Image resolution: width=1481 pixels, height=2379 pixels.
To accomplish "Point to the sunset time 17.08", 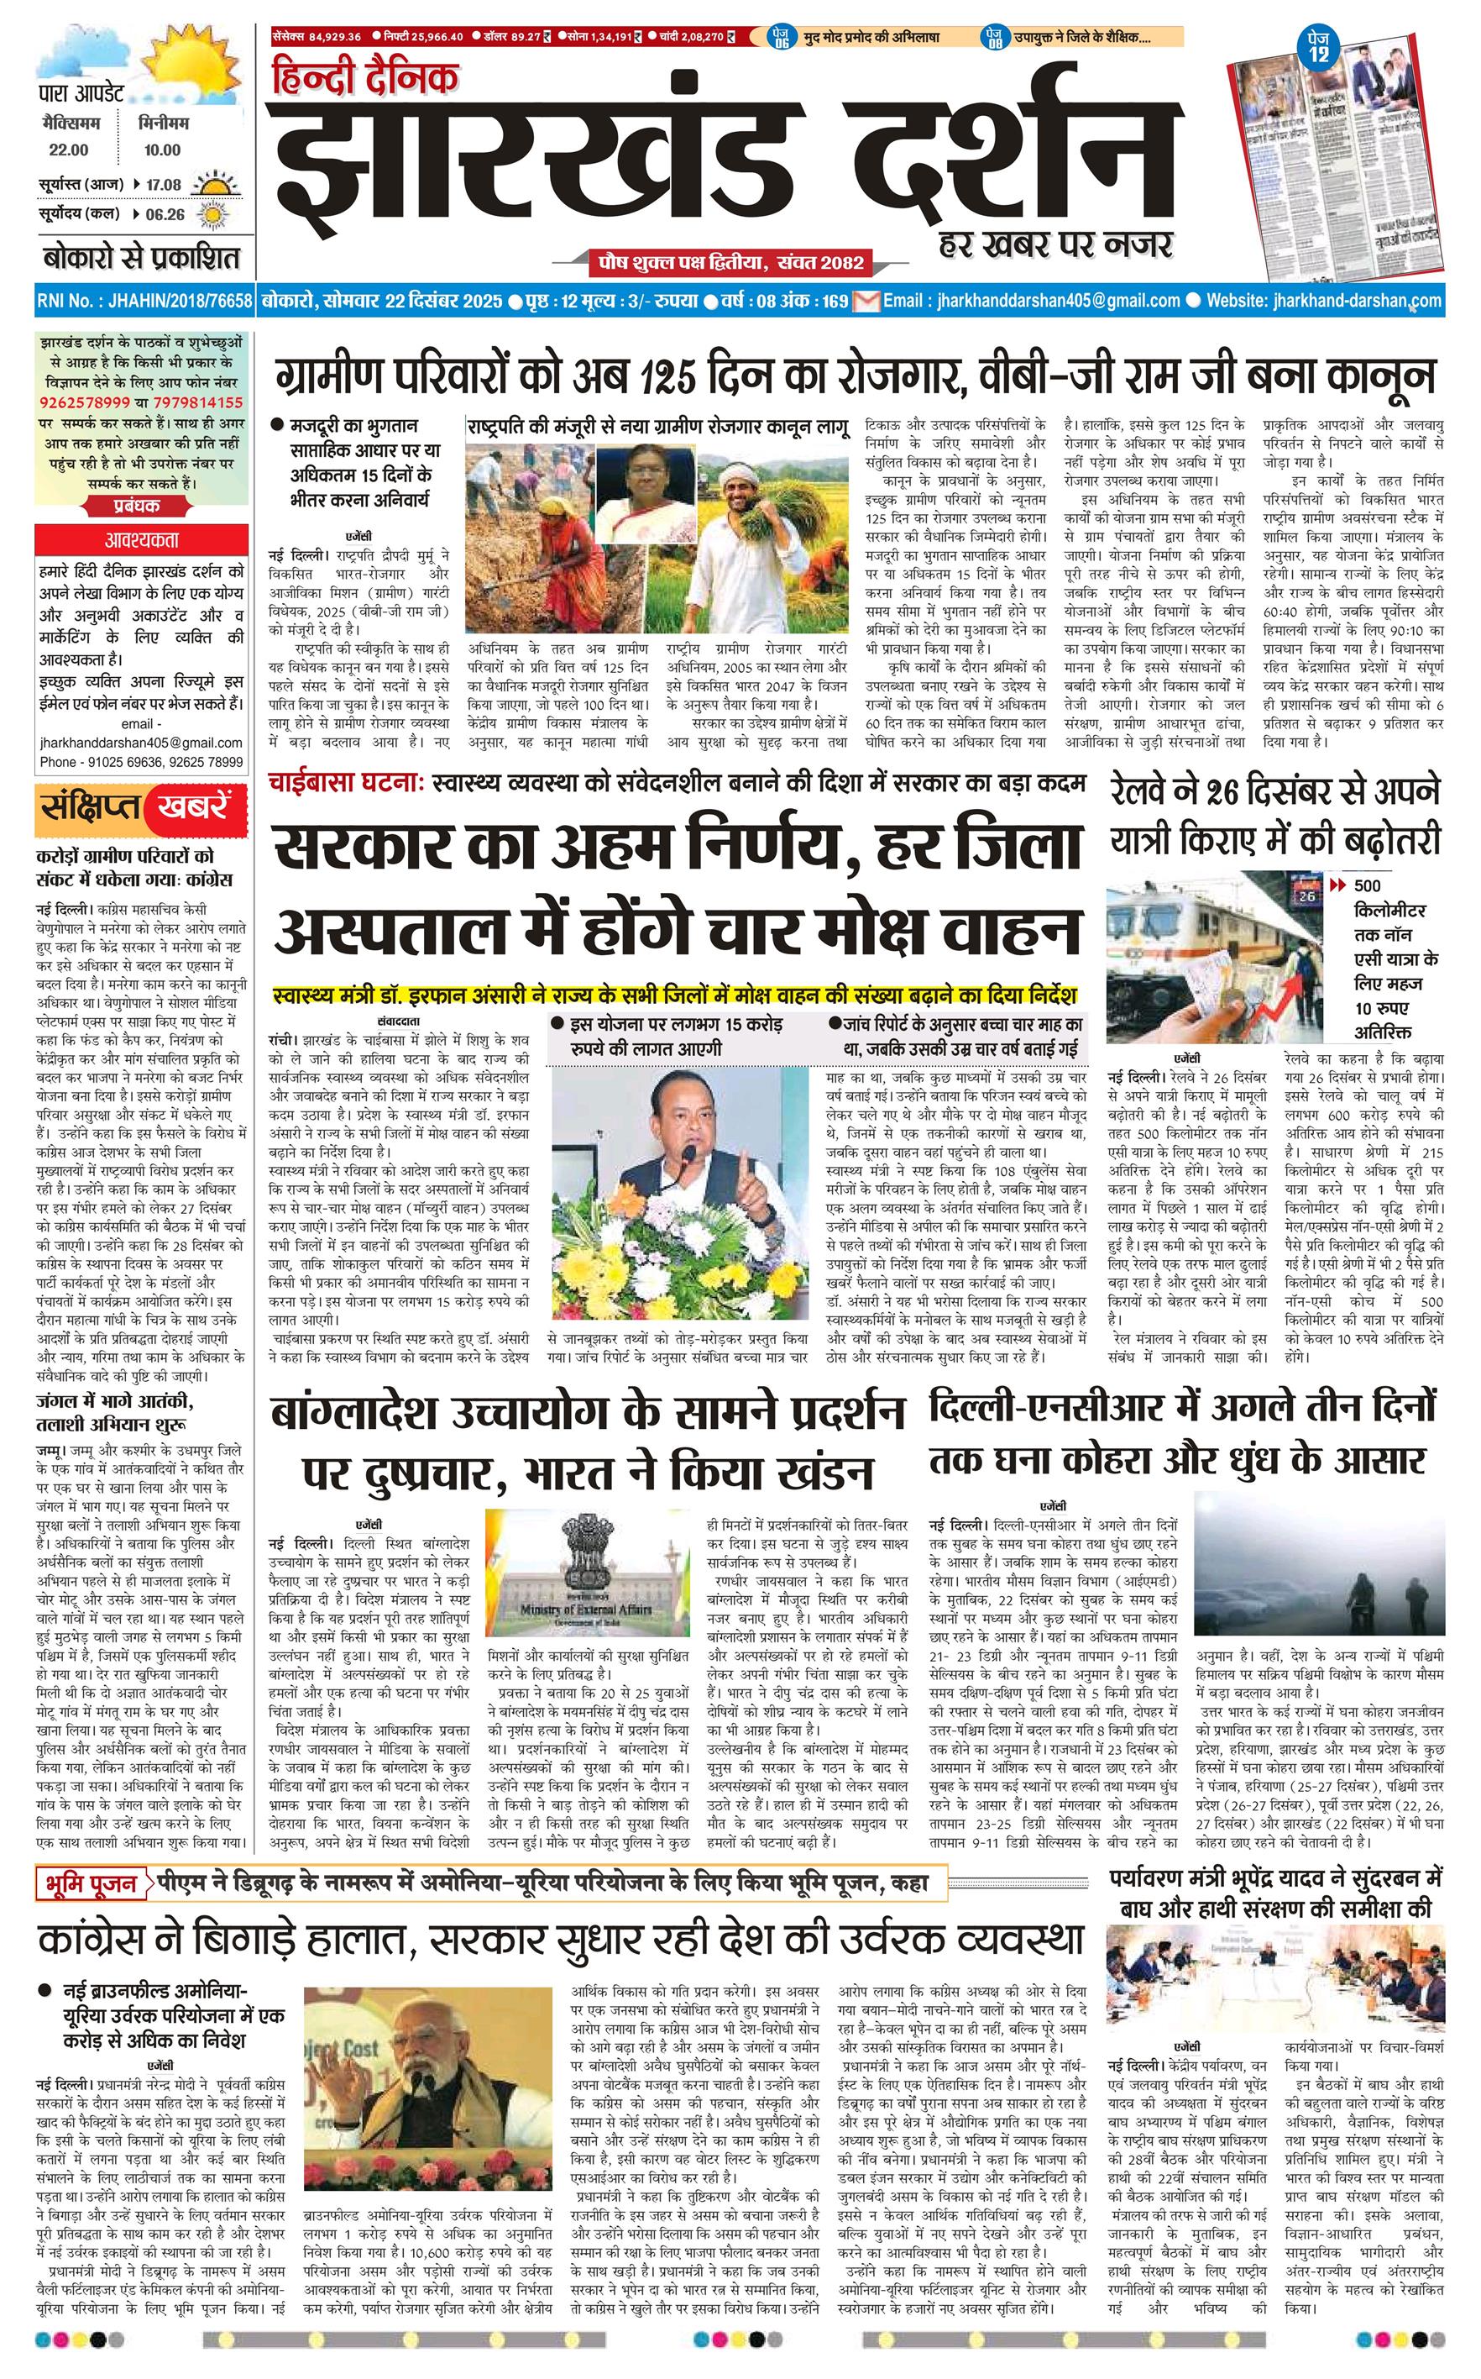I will (x=165, y=184).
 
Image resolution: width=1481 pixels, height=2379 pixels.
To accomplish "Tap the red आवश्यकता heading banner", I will (x=142, y=540).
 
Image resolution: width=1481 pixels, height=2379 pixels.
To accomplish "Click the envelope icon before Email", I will (x=866, y=301).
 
